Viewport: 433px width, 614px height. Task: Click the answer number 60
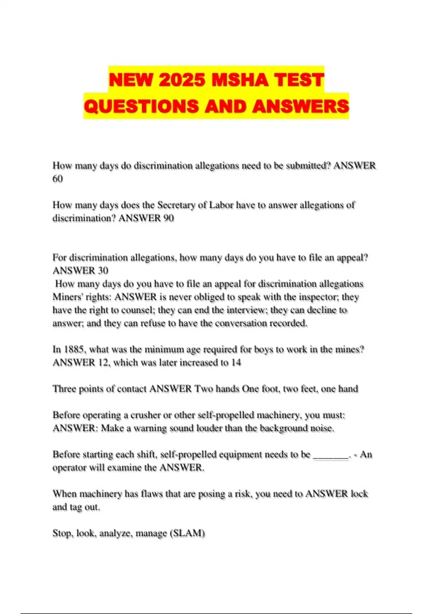[x=58, y=179]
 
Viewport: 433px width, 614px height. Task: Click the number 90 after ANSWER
[x=168, y=218]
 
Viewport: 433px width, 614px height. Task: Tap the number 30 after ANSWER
[x=103, y=271]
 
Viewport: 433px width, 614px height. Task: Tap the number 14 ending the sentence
[x=236, y=363]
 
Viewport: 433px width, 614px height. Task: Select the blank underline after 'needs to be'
[x=331, y=455]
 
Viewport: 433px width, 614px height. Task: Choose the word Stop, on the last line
[x=63, y=533]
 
